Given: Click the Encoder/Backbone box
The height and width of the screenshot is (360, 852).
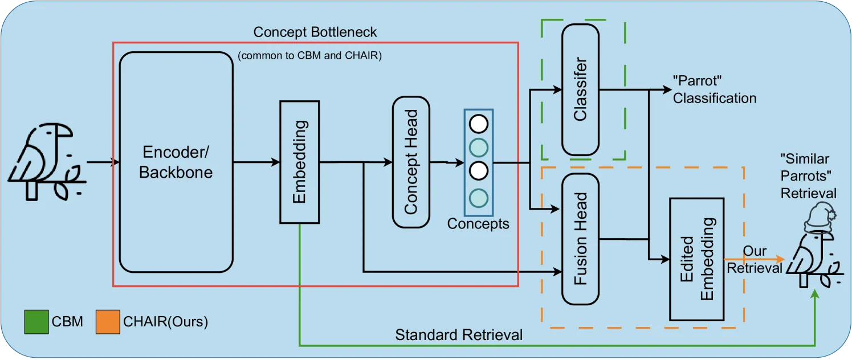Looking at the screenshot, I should pos(176,162).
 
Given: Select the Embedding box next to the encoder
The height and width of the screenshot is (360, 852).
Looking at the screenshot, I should pos(300,162).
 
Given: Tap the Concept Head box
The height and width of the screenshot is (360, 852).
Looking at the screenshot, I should pos(411,162).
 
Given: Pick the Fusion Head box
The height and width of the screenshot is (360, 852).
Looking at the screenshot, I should pos(580,239).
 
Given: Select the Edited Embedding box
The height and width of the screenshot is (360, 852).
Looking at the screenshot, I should pos(696,259).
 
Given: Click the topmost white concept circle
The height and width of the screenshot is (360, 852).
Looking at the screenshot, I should pos(478,124).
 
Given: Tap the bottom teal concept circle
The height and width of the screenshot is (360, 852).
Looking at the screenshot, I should pos(478,198).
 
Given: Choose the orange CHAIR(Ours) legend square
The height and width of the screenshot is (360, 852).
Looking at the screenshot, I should pos(108,322).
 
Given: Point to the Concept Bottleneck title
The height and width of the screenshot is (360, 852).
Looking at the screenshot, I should pos(315,32).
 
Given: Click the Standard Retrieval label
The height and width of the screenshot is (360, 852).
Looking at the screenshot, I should pos(459,335).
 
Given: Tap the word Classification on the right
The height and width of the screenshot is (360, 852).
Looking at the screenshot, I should pos(715,98).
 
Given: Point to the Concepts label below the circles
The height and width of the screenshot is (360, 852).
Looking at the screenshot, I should pos(478,224).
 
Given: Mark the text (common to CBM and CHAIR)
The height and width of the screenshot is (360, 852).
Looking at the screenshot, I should pos(310,57).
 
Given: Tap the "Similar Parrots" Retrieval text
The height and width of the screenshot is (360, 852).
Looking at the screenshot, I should pos(808,176).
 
